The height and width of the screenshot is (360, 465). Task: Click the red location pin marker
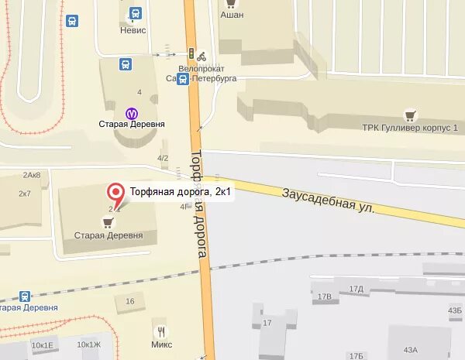115,192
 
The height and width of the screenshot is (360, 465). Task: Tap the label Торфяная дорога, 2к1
181,191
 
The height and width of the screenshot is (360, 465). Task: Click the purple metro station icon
131,111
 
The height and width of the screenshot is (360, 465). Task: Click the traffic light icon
191,53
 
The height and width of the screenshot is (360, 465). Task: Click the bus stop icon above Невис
136,13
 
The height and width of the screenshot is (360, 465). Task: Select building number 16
129,301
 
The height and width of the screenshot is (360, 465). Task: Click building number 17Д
356,289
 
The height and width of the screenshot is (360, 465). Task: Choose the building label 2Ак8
32,175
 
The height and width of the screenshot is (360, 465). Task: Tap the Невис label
134,30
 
